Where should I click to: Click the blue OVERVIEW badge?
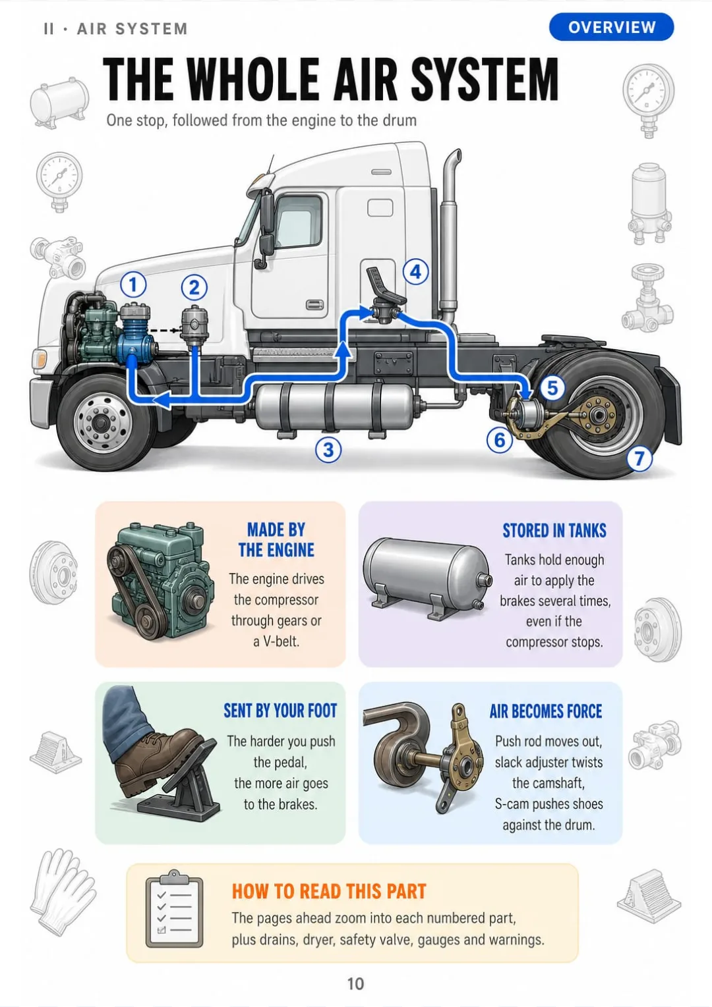pos(611,27)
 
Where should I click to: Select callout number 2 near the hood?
pos(194,288)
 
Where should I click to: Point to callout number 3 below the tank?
pos(328,450)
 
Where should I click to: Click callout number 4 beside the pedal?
pos(415,271)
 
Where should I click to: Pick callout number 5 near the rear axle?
pos(552,388)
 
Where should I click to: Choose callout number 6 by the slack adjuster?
pos(500,440)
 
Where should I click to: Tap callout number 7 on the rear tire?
pos(639,458)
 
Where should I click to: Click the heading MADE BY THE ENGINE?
pos(276,540)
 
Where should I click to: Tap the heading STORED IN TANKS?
pos(554,530)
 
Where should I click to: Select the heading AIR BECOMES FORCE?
pos(546,711)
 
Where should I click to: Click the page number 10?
pos(355,984)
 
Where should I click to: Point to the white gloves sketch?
pos(63,893)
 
